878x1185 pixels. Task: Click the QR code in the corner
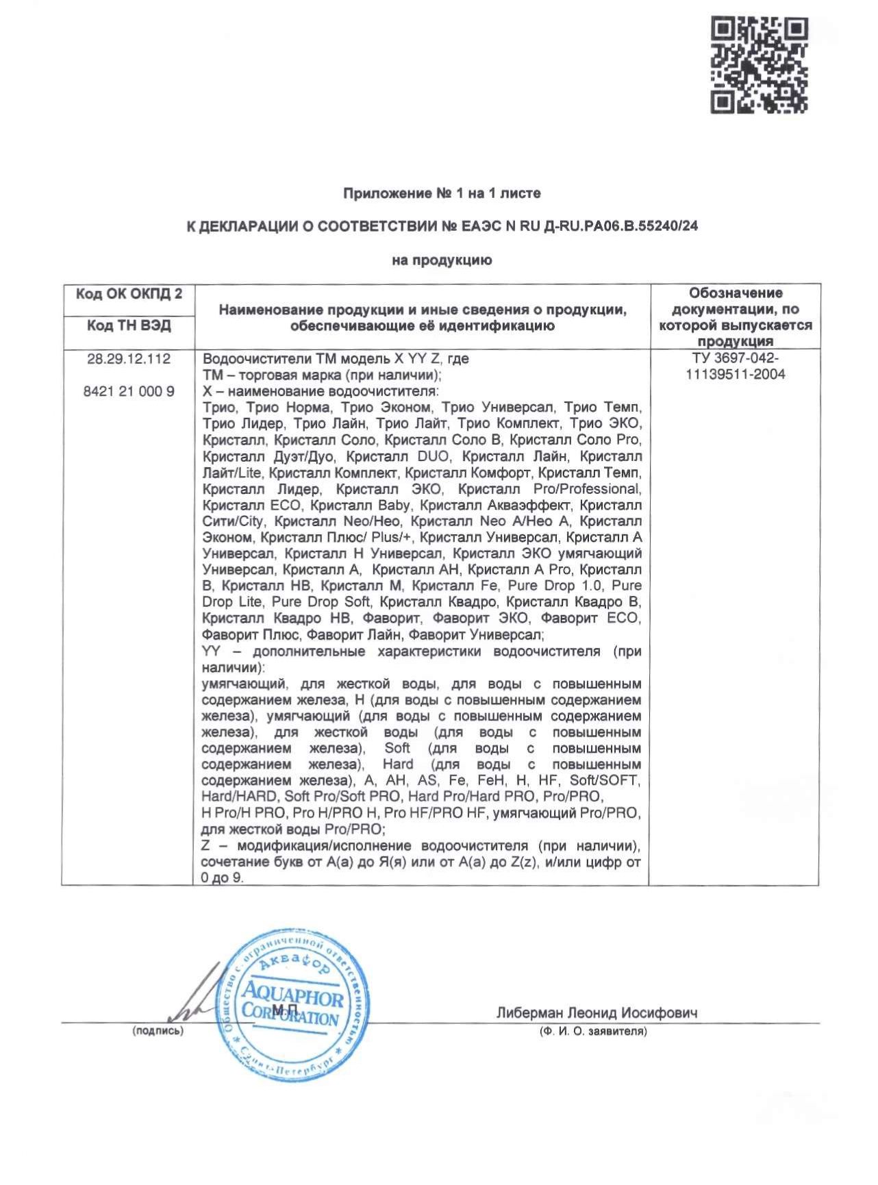759,65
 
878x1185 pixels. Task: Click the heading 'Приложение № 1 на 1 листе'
442,194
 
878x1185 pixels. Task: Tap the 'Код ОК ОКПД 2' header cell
129,295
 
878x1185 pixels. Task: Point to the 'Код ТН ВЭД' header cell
129,325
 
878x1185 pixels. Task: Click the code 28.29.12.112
129,359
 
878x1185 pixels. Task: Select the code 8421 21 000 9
129,392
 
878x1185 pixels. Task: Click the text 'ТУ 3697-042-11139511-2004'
735,366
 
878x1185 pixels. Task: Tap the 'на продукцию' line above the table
442,260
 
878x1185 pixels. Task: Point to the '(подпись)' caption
158,1031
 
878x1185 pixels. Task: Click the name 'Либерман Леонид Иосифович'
597,1013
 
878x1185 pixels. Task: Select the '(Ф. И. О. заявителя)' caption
593,1032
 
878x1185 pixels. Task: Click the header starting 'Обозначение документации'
735,316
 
